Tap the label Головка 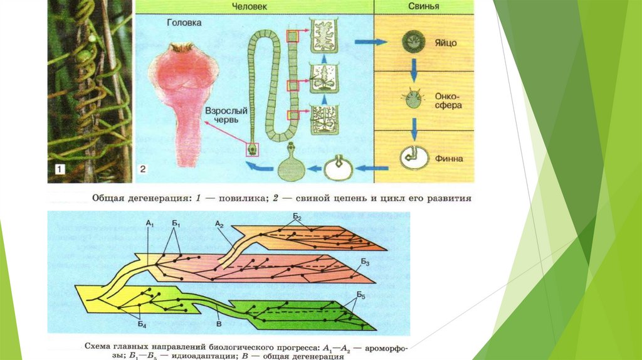184,23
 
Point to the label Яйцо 446,43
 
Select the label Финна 448,159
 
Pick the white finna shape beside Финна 413,157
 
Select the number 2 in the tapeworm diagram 142,169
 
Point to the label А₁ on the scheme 149,223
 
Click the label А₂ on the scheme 219,223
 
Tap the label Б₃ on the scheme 366,263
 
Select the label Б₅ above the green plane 362,295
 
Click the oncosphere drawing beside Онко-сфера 412,100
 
